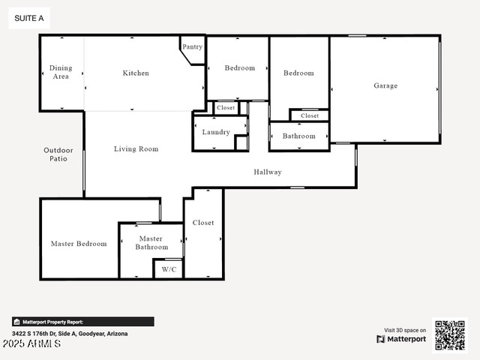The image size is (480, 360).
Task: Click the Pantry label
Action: pyautogui.click(x=192, y=46)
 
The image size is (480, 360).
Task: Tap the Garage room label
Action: pyautogui.click(x=385, y=85)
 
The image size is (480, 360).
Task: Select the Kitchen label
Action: pyautogui.click(x=136, y=73)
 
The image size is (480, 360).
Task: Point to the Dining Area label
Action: pyautogui.click(x=61, y=72)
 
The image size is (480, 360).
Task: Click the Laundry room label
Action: pyautogui.click(x=216, y=132)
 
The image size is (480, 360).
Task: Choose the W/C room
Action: pyautogui.click(x=169, y=269)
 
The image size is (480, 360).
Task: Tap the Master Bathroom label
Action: pyautogui.click(x=151, y=243)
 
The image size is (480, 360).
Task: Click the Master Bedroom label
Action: pyautogui.click(x=79, y=244)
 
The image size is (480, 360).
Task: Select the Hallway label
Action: pyautogui.click(x=268, y=172)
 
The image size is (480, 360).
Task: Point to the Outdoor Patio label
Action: pyautogui.click(x=58, y=154)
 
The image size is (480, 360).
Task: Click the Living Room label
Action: pyautogui.click(x=136, y=149)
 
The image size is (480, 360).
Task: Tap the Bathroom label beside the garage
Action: pyautogui.click(x=298, y=136)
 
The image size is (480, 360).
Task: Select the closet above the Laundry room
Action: pyautogui.click(x=226, y=108)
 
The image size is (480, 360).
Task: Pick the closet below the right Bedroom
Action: pyautogui.click(x=310, y=115)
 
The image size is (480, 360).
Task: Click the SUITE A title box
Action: pyautogui.click(x=29, y=18)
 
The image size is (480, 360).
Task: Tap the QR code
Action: pyautogui.click(x=450, y=335)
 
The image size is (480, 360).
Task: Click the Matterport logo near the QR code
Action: pyautogui.click(x=401, y=339)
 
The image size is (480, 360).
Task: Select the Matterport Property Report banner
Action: pyautogui.click(x=83, y=322)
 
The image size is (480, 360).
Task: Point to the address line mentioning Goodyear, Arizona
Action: pyautogui.click(x=70, y=334)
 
